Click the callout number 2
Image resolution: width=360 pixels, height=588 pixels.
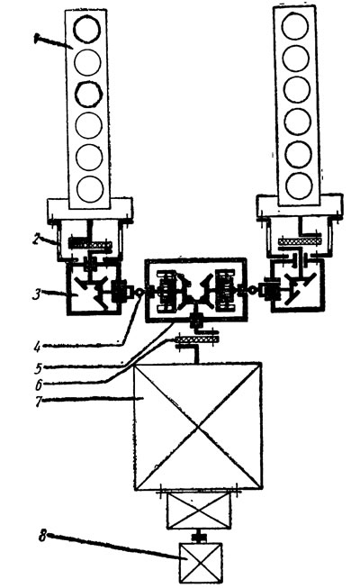pos(37,239)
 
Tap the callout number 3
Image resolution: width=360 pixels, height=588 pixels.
pos(36,294)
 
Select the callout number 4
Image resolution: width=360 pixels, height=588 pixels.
pos(37,347)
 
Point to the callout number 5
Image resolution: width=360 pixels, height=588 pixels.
pos(38,368)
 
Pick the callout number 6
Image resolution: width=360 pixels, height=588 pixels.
pos(39,384)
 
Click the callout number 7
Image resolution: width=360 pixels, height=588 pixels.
pos(39,401)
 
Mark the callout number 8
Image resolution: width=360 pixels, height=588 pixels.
pos(43,536)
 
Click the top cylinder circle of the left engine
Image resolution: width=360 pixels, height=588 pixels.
pos(86,30)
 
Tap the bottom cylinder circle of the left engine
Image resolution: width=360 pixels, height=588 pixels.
pos(90,188)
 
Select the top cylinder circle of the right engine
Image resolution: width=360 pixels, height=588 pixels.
pos(295,27)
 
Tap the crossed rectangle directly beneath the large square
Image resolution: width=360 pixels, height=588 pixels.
pos(199,510)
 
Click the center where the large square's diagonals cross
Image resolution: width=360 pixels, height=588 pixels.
pos(198,427)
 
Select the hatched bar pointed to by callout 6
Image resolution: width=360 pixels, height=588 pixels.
pos(196,339)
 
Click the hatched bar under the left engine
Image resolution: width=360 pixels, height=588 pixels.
pos(90,245)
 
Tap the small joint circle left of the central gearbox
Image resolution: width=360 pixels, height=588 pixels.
pos(138,291)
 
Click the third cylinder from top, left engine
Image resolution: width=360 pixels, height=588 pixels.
pos(88,94)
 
